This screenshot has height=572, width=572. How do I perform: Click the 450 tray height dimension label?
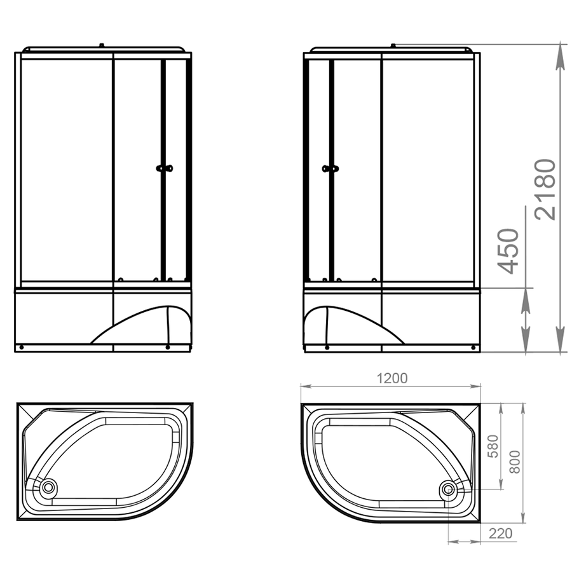pyautogui.click(x=508, y=251)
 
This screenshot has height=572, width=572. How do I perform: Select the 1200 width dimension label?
pyautogui.click(x=392, y=378)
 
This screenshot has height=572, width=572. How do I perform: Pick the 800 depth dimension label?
pyautogui.click(x=514, y=462)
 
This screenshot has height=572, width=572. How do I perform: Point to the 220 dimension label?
pyautogui.click(x=501, y=534)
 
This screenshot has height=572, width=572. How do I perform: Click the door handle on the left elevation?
pyautogui.click(x=164, y=168)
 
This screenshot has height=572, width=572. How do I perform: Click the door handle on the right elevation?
pyautogui.click(x=330, y=168)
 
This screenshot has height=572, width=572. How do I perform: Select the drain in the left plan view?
pyautogui.click(x=48, y=487)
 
